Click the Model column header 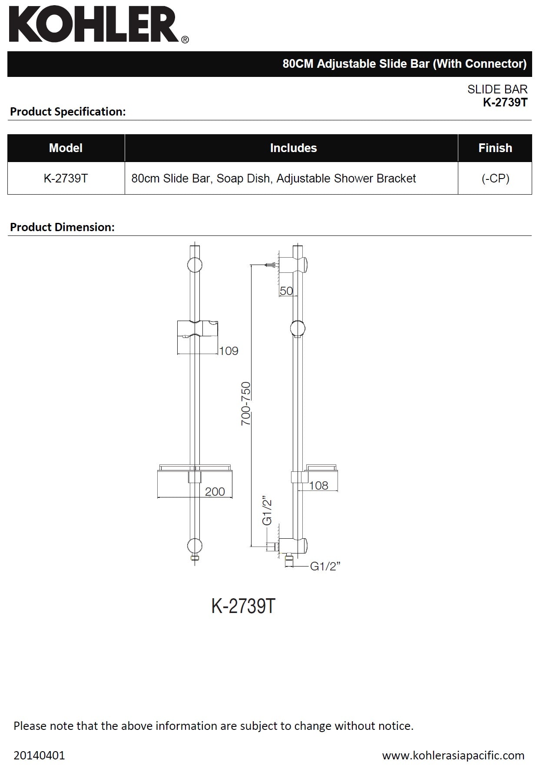click(66, 148)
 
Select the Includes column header click(293, 148)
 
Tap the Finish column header click(495, 148)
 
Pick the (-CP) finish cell click(495, 179)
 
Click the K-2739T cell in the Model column click(66, 179)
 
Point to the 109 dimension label click(228, 351)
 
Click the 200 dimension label click(215, 492)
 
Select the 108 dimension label click(318, 486)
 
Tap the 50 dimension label click(286, 291)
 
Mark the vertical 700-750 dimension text click(246, 403)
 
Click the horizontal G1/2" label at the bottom click(325, 566)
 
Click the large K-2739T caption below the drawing click(243, 606)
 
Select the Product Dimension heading click(62, 227)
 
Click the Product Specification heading click(68, 112)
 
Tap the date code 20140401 click(39, 755)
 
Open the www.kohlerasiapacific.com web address click(453, 755)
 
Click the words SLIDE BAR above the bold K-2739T click(497, 89)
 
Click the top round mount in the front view click(195, 265)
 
